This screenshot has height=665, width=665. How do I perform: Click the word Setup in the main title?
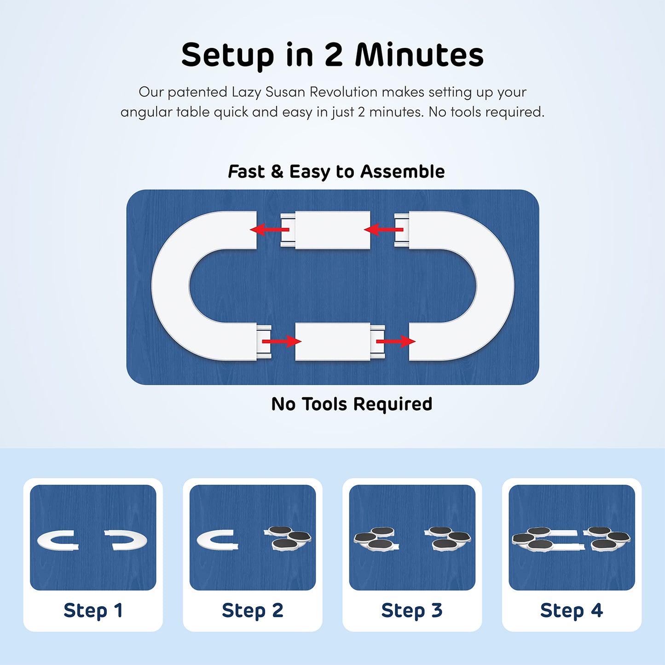click(227, 56)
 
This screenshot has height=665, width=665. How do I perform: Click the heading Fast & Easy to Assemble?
click(336, 172)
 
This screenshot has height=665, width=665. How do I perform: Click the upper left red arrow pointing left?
click(270, 229)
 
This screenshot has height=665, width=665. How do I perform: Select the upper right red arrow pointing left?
click(383, 229)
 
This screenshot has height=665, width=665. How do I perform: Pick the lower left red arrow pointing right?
click(282, 341)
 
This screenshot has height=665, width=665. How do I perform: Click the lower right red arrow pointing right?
click(396, 341)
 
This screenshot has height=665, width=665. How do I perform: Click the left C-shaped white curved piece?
click(170, 286)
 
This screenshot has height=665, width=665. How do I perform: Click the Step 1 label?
click(93, 610)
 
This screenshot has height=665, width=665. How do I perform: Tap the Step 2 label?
click(253, 610)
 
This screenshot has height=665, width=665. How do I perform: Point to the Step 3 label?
click(412, 610)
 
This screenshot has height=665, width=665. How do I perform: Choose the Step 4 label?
click(572, 610)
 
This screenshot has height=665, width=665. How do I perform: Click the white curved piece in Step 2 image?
click(203, 540)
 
